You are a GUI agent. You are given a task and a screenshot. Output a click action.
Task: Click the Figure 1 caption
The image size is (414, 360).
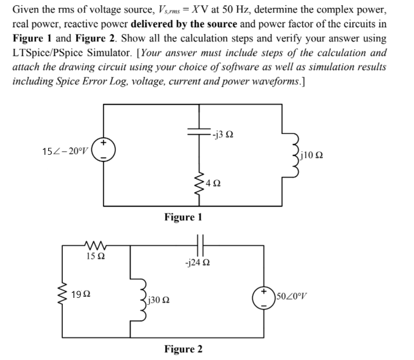coord(183,217)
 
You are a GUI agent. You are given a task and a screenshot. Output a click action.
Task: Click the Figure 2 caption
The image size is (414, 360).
coord(183,349)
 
